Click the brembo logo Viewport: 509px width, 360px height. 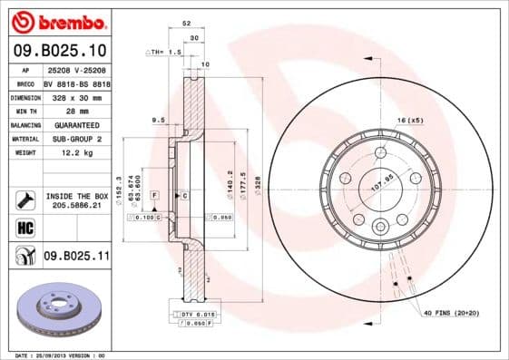pyautogui.click(x=56, y=21)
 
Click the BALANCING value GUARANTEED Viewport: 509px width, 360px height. pyautogui.click(x=71, y=124)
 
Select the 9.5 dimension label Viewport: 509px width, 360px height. pyautogui.click(x=158, y=120)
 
